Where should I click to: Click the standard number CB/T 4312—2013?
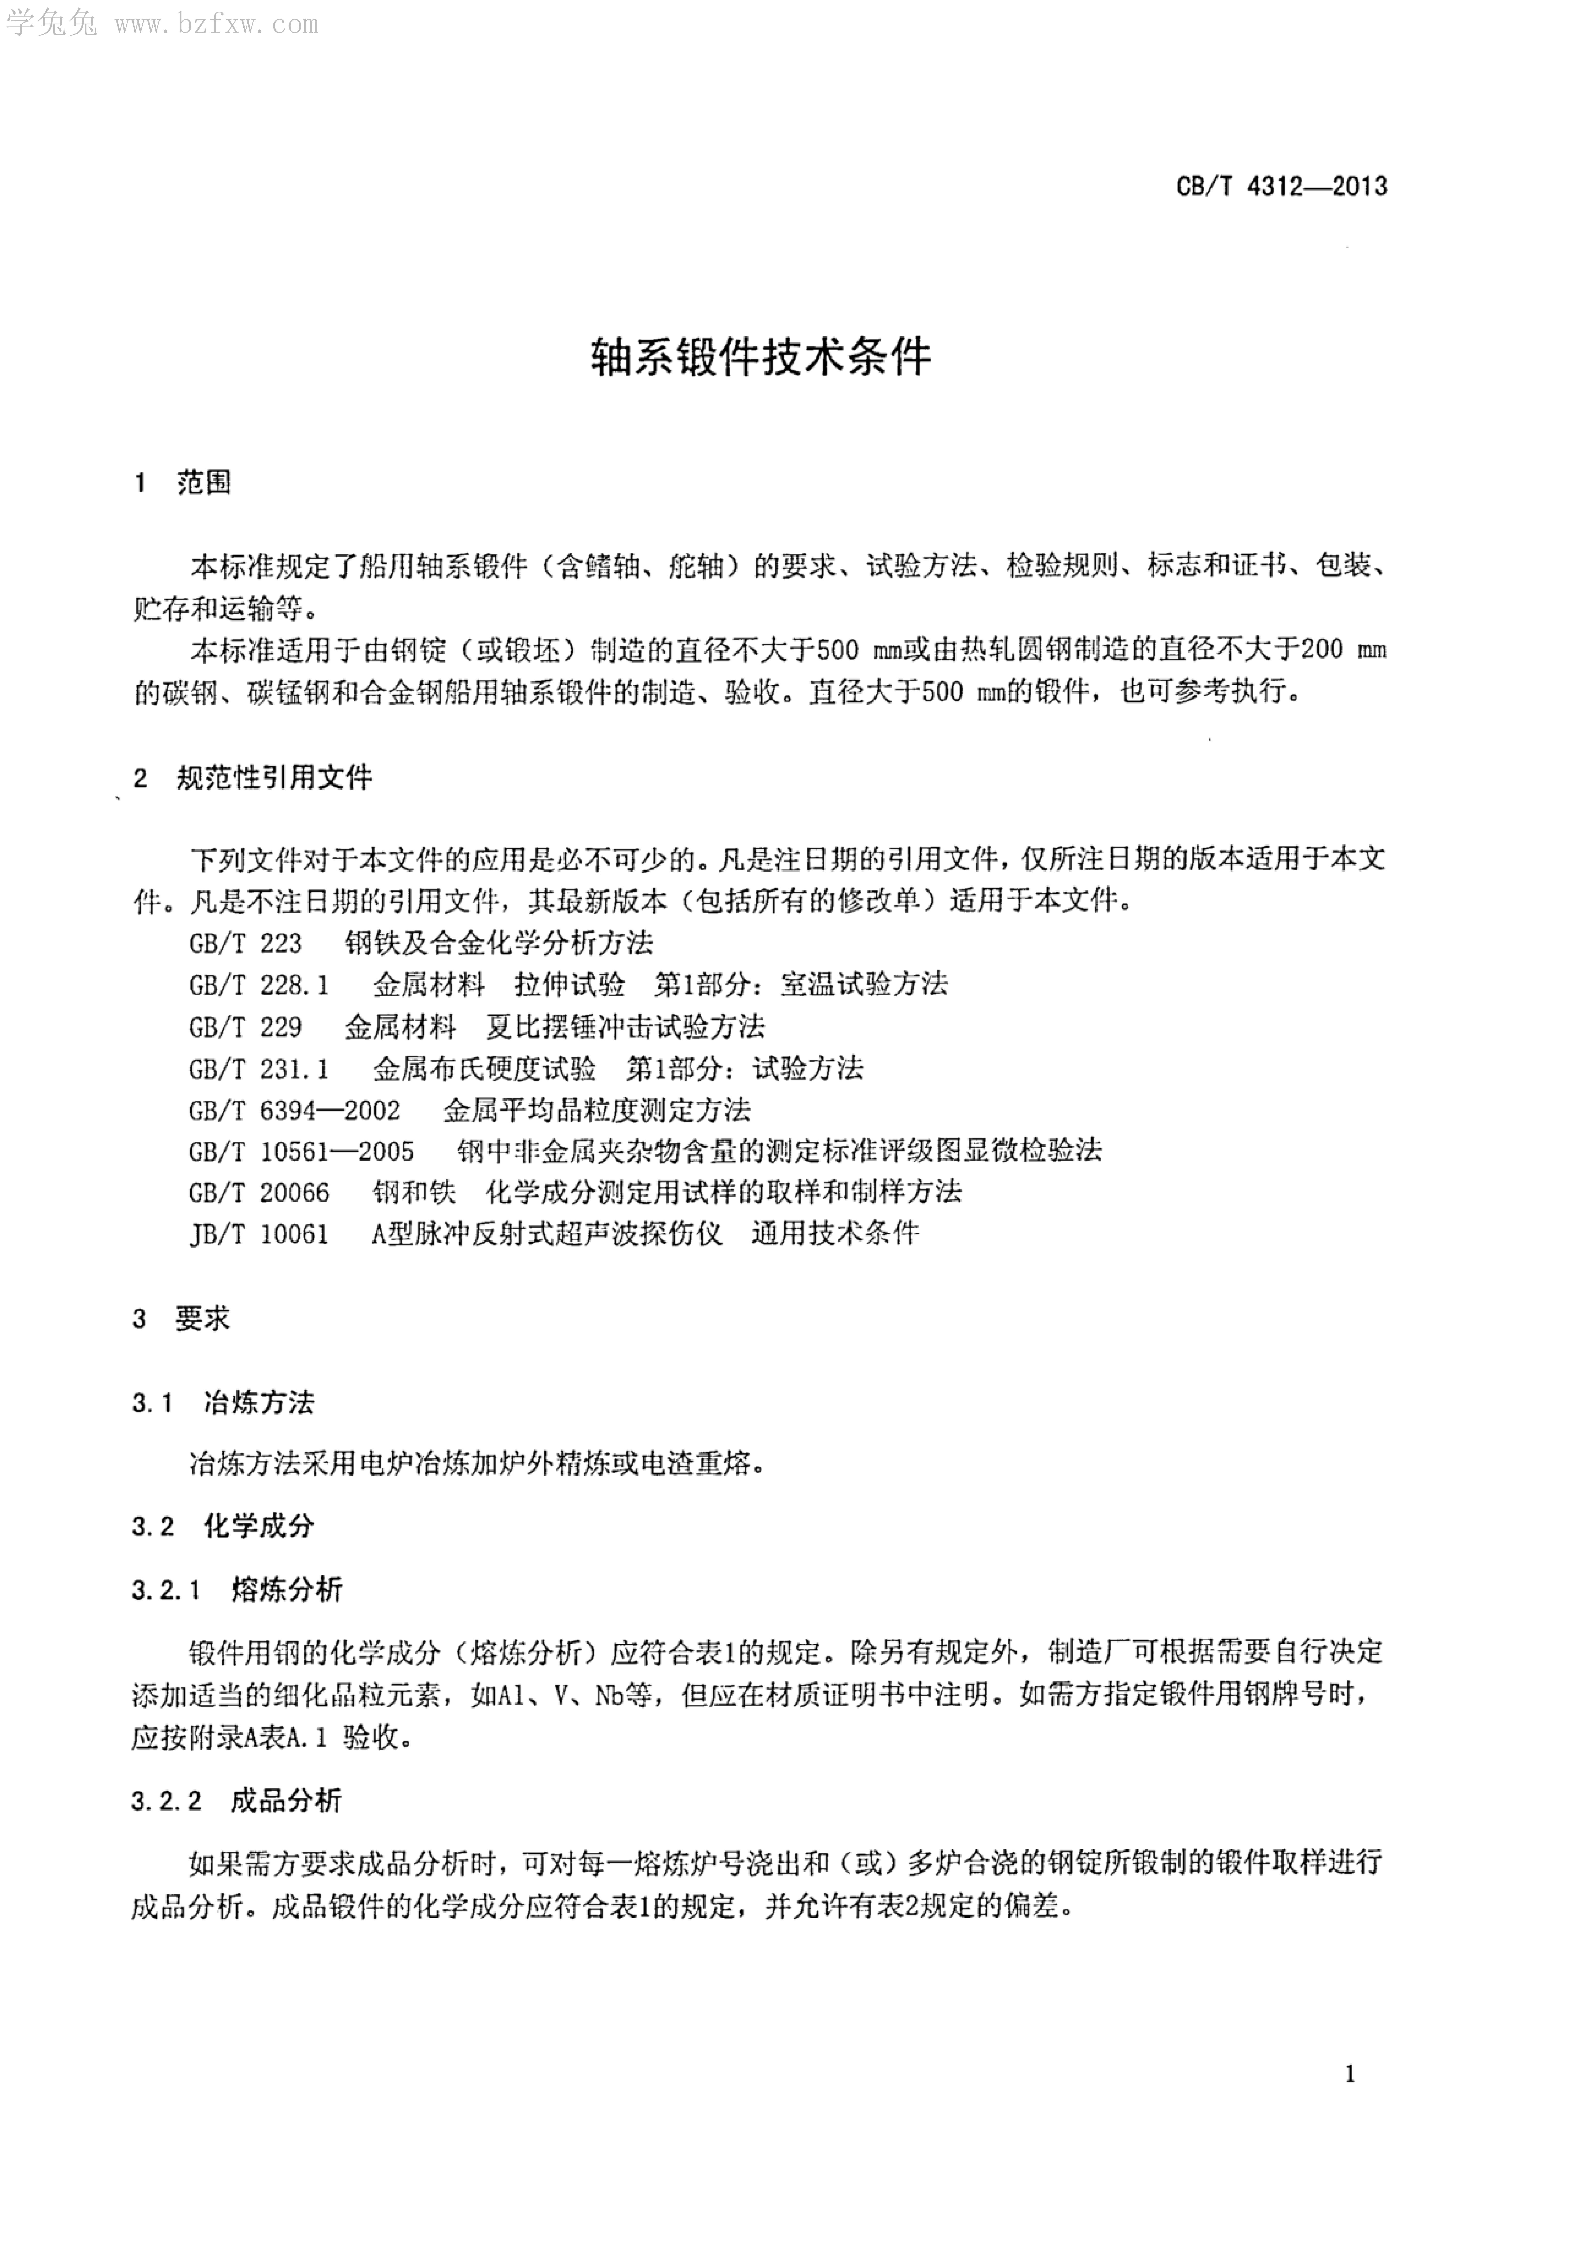[x=1281, y=186]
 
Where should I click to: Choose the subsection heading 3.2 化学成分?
[x=223, y=1526]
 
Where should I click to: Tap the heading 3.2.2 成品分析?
[x=237, y=1800]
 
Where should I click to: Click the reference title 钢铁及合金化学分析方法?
[x=499, y=943]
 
